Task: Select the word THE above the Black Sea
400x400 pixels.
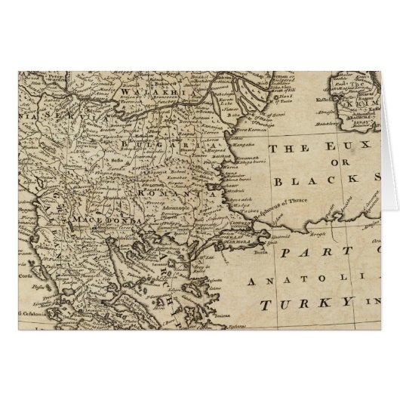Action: [x=284, y=149]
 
